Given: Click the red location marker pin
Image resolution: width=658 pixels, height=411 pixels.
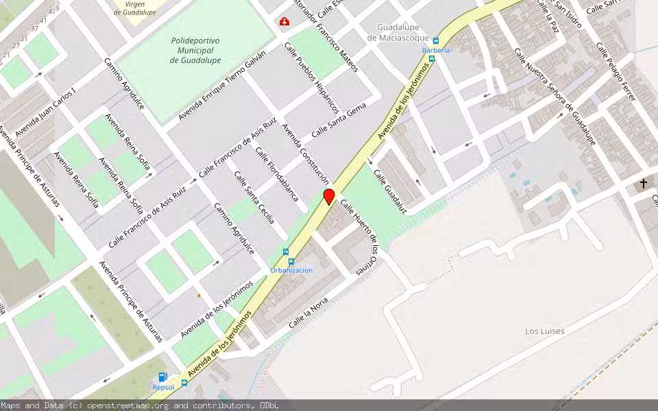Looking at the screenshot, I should (x=329, y=197).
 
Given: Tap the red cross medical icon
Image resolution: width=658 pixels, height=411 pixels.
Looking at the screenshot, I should (x=284, y=23).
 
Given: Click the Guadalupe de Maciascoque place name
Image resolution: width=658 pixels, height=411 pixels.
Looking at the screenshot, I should (x=398, y=32).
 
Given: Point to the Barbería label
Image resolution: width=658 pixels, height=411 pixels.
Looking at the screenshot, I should (x=436, y=50).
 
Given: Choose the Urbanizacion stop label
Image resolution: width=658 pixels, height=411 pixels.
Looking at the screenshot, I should (x=291, y=270).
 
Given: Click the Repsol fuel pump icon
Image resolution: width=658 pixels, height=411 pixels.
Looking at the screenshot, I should (x=163, y=377).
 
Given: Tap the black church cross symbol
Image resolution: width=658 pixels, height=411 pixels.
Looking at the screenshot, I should (x=643, y=184).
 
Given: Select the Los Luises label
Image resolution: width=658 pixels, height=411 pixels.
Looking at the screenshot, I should (x=545, y=332).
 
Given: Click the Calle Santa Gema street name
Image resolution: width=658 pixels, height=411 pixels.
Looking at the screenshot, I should (x=339, y=120).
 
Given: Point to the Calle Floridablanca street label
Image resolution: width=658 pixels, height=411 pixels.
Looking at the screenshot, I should (x=277, y=174).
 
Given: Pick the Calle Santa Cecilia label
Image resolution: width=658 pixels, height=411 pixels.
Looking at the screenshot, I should (x=254, y=197).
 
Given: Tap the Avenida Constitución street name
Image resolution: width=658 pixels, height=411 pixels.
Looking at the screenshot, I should (x=306, y=155).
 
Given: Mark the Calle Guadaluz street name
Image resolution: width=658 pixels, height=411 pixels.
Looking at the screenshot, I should (x=390, y=191).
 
